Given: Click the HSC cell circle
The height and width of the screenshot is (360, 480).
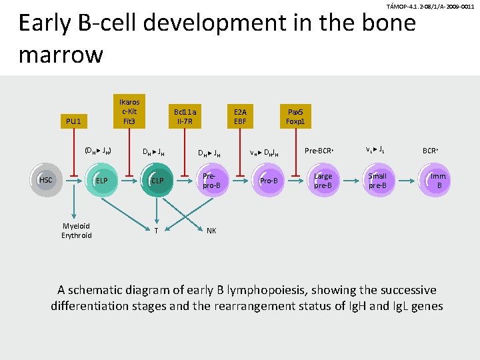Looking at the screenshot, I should point(46,180).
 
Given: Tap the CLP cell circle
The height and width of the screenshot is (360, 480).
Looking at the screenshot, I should point(157,180).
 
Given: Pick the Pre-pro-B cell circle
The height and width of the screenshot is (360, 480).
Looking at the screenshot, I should point(211,180).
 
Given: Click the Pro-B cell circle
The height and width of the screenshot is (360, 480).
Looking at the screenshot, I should point(269,180).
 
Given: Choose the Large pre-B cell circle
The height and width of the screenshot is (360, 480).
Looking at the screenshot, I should point(323,180).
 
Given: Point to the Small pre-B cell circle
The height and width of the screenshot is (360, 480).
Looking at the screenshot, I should point(377,180).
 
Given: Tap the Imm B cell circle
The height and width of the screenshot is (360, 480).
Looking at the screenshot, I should point(438,180).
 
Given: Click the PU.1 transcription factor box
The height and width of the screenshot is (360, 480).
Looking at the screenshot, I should point(73,121).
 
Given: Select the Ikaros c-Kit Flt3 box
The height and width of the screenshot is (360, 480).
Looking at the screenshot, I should point(129,111).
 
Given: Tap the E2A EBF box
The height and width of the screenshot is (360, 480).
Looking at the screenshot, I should point(240,117).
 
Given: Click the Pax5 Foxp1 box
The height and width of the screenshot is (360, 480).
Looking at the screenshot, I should point(295,117).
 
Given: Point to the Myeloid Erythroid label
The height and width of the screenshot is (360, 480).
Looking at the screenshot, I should point(77,231).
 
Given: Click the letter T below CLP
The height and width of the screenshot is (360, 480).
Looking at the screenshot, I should point(156,231).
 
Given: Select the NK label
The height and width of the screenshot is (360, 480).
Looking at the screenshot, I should point(211,231).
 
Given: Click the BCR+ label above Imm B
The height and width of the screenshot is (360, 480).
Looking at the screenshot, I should point(431,151).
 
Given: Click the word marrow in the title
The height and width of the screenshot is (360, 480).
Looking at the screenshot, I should point(61,54).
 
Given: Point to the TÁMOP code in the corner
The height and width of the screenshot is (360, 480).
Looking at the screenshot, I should point(430,6).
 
